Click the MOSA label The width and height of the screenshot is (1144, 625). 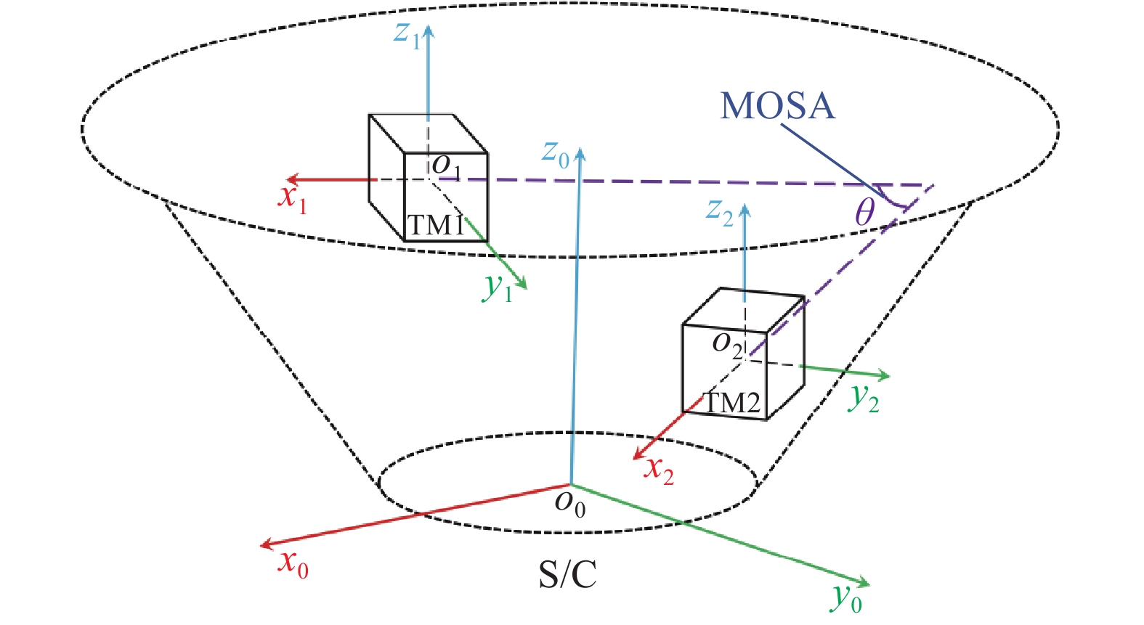[x=777, y=106]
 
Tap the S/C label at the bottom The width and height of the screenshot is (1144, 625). [x=568, y=575]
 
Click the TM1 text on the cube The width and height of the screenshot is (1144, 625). [x=436, y=225]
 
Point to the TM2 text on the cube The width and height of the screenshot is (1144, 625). [x=732, y=403]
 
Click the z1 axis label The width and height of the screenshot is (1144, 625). [x=407, y=35]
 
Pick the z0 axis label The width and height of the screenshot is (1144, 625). [x=556, y=154]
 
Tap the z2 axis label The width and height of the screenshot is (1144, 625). [x=720, y=213]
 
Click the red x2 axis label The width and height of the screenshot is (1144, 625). [x=659, y=470]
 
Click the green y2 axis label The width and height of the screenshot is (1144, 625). [x=863, y=399]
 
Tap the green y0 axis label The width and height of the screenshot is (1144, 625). [x=845, y=598]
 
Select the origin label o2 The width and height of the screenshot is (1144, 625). [x=727, y=346]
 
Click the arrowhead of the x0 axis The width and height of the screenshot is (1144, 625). [x=266, y=545]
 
